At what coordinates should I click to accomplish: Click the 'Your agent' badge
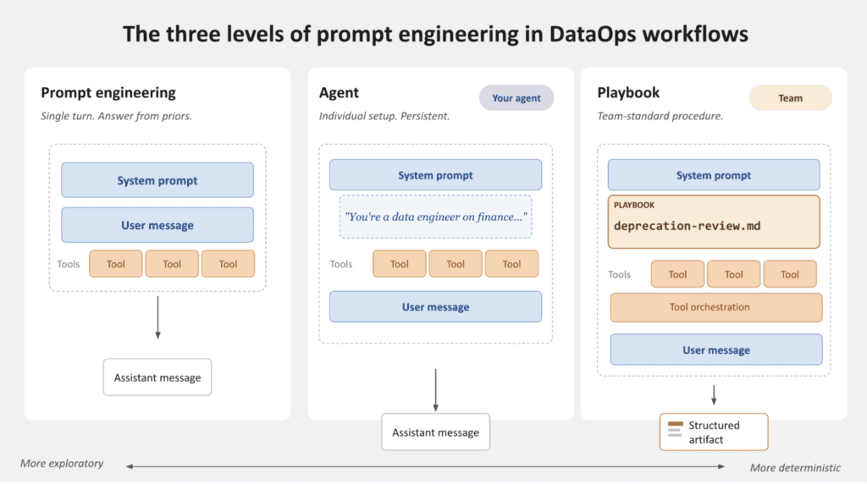pyautogui.click(x=516, y=98)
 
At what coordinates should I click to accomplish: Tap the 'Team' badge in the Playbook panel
pyautogui.click(x=790, y=98)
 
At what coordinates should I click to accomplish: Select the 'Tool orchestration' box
pyautogui.click(x=716, y=307)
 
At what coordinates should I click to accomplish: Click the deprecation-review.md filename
pyautogui.click(x=688, y=226)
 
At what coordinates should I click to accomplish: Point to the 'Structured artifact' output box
pyautogui.click(x=714, y=432)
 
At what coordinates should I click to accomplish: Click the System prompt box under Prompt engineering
pyautogui.click(x=157, y=180)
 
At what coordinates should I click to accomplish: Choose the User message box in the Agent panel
pyautogui.click(x=436, y=306)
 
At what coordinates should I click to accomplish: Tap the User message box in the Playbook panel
pyautogui.click(x=716, y=349)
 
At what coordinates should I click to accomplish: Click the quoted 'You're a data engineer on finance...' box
pyautogui.click(x=436, y=217)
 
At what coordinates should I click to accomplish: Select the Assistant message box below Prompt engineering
pyautogui.click(x=157, y=377)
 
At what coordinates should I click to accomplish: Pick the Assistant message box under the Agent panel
pyautogui.click(x=436, y=432)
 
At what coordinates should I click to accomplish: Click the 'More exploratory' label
pyautogui.click(x=62, y=463)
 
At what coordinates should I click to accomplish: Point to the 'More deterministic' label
pyautogui.click(x=795, y=468)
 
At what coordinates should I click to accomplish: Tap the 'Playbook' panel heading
pyautogui.click(x=628, y=92)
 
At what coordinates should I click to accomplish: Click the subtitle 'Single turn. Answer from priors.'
pyautogui.click(x=116, y=116)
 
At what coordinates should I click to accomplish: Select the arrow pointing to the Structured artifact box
pyautogui.click(x=714, y=396)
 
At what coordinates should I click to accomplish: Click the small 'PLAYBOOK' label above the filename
pyautogui.click(x=634, y=205)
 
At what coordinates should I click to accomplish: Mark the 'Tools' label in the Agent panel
pyautogui.click(x=341, y=264)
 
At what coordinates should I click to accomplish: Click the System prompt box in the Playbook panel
pyautogui.click(x=714, y=175)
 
